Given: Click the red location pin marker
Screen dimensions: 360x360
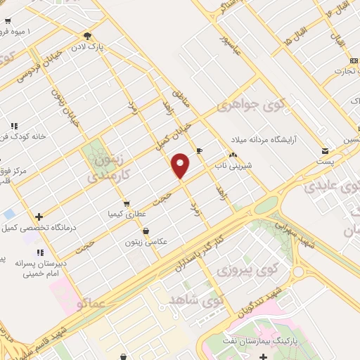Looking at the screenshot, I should [181, 165].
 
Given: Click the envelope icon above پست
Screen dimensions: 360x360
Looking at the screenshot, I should [325, 150].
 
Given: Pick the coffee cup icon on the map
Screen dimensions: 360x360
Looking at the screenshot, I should [199, 150].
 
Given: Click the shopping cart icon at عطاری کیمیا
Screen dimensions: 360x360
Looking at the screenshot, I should [126, 205].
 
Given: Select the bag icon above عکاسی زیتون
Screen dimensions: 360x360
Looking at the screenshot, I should [146, 231].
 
